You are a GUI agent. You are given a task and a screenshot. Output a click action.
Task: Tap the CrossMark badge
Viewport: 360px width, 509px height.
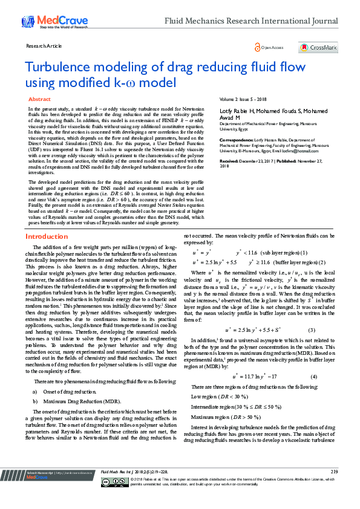point(318,47)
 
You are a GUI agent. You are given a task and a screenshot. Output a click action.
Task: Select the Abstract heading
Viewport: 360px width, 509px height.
point(39,98)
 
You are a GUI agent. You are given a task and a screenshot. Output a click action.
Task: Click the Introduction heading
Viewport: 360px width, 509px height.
point(46,236)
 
